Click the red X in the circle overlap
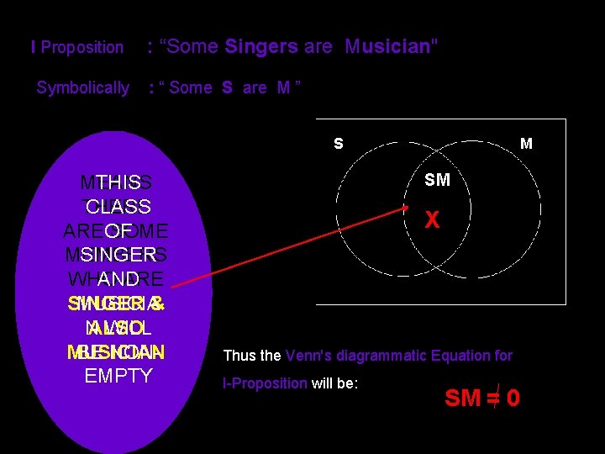point(432,220)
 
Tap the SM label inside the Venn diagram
point(437,180)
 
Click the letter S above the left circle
point(338,144)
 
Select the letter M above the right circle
point(526,144)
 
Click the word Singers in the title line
point(261,47)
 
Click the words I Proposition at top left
point(77,48)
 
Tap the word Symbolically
point(83,87)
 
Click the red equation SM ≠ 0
point(481,398)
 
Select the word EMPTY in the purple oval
point(118,375)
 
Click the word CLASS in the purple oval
point(118,207)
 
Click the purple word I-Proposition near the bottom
point(265,383)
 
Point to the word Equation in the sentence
point(462,356)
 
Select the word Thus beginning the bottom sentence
point(239,356)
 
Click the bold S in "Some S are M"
point(227,87)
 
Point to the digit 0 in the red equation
point(512,398)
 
